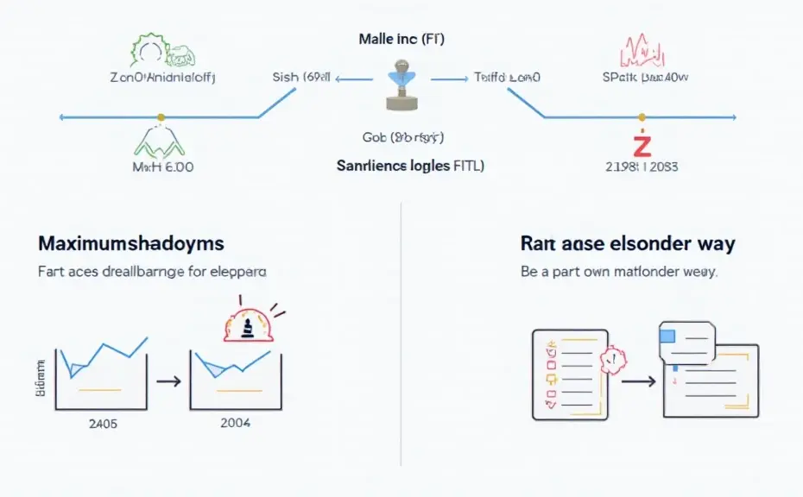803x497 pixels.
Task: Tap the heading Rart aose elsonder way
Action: (628, 244)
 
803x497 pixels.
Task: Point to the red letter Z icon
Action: (641, 143)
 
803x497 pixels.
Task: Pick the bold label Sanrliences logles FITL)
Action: (410, 166)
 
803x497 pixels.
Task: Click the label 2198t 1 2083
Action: (641, 167)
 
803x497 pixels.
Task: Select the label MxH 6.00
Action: (162, 167)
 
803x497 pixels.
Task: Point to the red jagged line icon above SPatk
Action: (642, 51)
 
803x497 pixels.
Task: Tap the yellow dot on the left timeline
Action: (160, 116)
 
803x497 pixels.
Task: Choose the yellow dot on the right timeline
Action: (641, 116)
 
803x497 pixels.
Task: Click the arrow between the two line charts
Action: (170, 380)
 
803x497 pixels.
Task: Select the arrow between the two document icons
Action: (638, 379)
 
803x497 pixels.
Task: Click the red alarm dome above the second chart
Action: (247, 326)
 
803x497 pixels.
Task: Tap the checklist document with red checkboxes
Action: (565, 373)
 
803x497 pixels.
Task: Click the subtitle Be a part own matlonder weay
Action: (619, 272)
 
